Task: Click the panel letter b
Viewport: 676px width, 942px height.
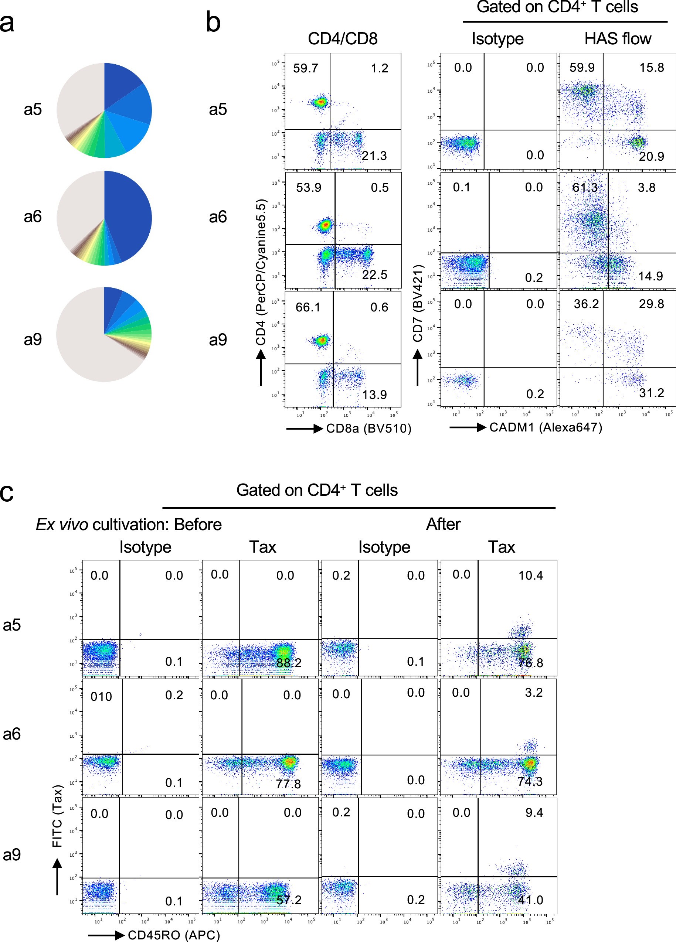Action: (x=213, y=23)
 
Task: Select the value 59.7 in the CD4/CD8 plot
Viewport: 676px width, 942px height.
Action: (x=305, y=68)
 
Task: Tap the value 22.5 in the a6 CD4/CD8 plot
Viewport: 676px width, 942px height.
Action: (x=374, y=274)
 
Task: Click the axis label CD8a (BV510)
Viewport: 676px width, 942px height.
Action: (x=368, y=428)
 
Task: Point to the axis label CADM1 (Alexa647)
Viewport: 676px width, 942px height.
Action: (x=546, y=427)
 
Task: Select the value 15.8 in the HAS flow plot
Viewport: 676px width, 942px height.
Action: (x=652, y=67)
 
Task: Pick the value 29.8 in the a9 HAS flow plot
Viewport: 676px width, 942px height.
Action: (x=651, y=304)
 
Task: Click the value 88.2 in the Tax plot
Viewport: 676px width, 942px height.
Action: (x=289, y=662)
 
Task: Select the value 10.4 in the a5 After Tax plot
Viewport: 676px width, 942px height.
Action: (x=531, y=575)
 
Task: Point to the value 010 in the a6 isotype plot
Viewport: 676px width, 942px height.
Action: (x=101, y=697)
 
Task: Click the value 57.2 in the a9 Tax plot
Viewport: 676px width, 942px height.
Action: (x=289, y=900)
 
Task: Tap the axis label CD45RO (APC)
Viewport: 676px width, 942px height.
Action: (x=173, y=935)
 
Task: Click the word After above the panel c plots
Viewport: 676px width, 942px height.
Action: (x=443, y=524)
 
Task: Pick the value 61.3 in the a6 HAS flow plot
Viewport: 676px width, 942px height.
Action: (x=585, y=188)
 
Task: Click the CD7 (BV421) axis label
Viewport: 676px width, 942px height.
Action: (x=418, y=303)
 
